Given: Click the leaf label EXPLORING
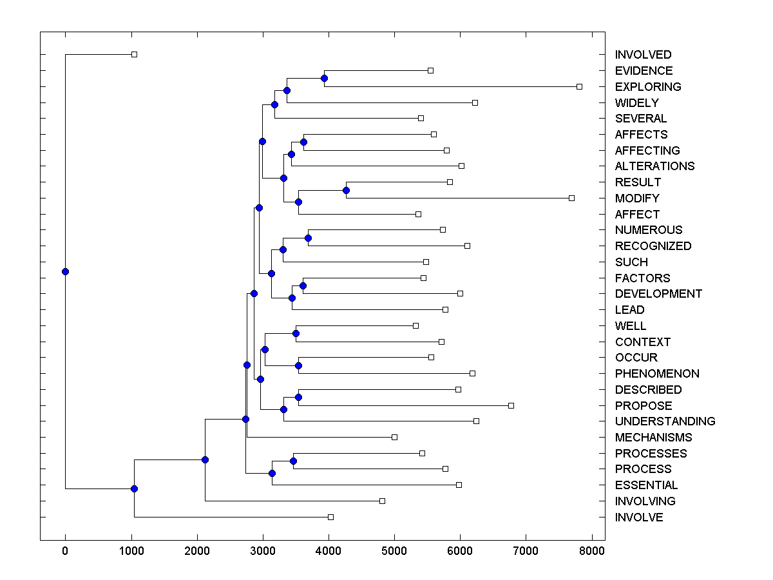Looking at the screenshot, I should click(647, 86).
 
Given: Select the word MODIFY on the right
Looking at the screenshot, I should click(637, 198).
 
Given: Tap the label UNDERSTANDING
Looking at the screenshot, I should click(665, 421).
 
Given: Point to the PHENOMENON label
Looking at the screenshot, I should click(657, 374).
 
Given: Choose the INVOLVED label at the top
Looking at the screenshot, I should click(643, 55).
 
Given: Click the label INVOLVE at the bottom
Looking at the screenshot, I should click(638, 517).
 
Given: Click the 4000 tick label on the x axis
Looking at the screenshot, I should click(329, 551).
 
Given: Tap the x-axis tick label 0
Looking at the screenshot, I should click(65, 551).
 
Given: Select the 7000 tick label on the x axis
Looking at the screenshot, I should click(526, 551).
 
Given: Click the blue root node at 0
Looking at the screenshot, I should click(65, 271).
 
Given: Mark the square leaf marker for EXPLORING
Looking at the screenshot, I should click(579, 86).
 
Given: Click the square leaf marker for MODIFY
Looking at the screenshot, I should click(571, 198).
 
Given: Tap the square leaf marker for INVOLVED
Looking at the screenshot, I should click(134, 54).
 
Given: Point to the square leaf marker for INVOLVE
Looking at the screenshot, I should click(330, 517).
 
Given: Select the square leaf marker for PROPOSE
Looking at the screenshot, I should click(511, 405).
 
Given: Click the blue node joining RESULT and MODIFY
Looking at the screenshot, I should click(346, 190).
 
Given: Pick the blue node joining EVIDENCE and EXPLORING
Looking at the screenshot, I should click(325, 78).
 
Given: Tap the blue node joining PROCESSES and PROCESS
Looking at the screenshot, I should click(293, 461).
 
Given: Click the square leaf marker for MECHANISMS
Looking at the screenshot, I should click(394, 437).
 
